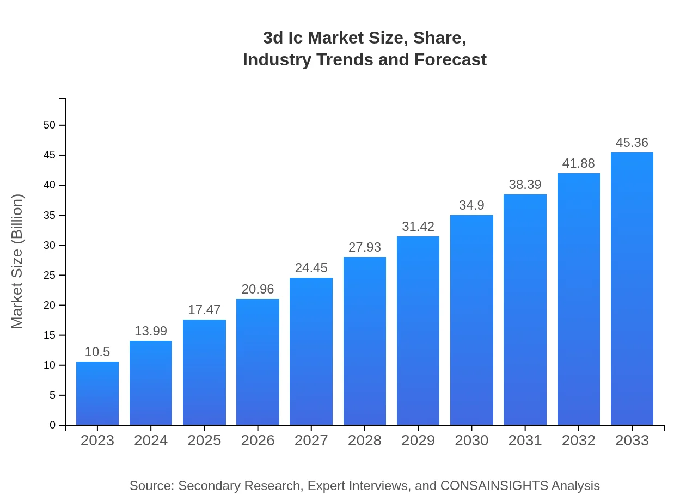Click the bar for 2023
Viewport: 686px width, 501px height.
pyautogui.click(x=97, y=393)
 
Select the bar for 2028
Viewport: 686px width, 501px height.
pyautogui.click(x=365, y=341)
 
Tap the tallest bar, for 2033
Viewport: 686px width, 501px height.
pyautogui.click(x=632, y=289)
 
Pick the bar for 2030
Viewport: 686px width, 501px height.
pyautogui.click(x=471, y=320)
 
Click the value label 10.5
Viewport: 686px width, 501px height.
pyautogui.click(x=97, y=352)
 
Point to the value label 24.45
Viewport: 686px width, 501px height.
pyautogui.click(x=311, y=268)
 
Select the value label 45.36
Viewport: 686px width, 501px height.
pyautogui.click(x=632, y=143)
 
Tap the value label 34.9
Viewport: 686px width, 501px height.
pyautogui.click(x=471, y=205)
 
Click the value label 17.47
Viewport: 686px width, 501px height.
pyautogui.click(x=204, y=310)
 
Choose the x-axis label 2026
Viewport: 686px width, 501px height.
pyautogui.click(x=258, y=441)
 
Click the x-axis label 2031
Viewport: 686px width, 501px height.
pyautogui.click(x=525, y=441)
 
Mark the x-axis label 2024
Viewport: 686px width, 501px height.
pyautogui.click(x=151, y=441)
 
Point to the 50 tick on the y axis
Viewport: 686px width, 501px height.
pyautogui.click(x=50, y=125)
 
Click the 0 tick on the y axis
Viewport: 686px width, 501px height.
pyautogui.click(x=53, y=425)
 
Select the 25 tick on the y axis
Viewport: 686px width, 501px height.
pyautogui.click(x=50, y=276)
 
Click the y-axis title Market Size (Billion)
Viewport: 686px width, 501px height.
pyautogui.click(x=17, y=261)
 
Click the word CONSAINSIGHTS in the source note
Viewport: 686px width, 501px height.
pyautogui.click(x=494, y=486)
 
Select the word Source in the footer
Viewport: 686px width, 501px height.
pyautogui.click(x=151, y=486)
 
